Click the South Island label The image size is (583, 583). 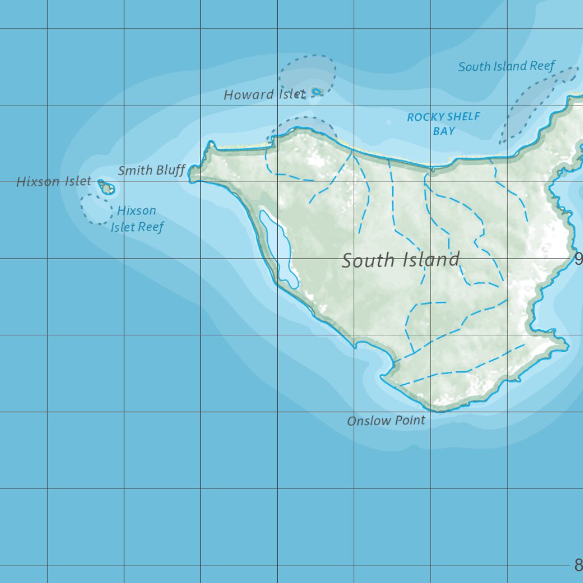400,260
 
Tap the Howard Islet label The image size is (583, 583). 264,95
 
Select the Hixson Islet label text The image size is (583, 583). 54,182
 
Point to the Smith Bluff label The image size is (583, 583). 151,170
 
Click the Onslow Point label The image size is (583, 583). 386,421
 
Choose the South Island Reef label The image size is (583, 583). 506,66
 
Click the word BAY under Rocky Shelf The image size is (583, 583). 444,131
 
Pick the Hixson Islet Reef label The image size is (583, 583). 137,219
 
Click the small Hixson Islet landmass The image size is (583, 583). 106,187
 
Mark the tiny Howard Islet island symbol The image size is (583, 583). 317,91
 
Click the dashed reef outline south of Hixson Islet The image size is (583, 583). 96,208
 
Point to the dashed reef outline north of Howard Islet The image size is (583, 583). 307,71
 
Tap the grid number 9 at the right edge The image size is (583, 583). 578,260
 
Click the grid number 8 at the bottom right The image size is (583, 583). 578,565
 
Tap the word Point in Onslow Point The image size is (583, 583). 410,420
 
